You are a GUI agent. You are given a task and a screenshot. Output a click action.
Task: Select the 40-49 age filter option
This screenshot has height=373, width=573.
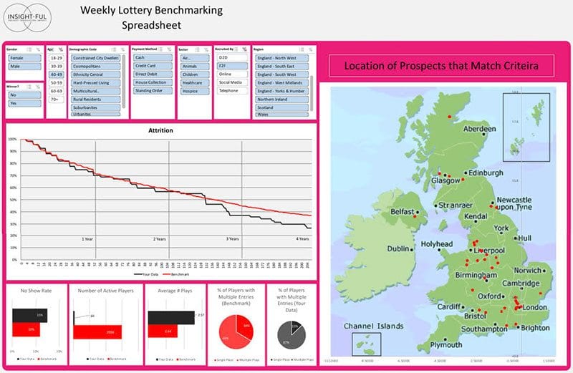tap(56, 74)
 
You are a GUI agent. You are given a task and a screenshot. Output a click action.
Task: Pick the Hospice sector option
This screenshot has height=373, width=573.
tap(191, 91)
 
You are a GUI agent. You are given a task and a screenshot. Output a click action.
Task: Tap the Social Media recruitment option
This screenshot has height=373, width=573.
tap(230, 82)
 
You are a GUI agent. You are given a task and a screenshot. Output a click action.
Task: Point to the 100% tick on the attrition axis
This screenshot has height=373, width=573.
tap(13, 140)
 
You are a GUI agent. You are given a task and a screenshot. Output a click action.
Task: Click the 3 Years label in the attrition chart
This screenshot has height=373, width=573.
tap(232, 238)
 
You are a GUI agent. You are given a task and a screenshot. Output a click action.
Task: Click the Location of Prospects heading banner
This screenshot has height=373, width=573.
tap(441, 67)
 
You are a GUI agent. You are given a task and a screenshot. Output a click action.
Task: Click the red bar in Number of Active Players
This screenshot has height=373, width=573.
tap(97, 332)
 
